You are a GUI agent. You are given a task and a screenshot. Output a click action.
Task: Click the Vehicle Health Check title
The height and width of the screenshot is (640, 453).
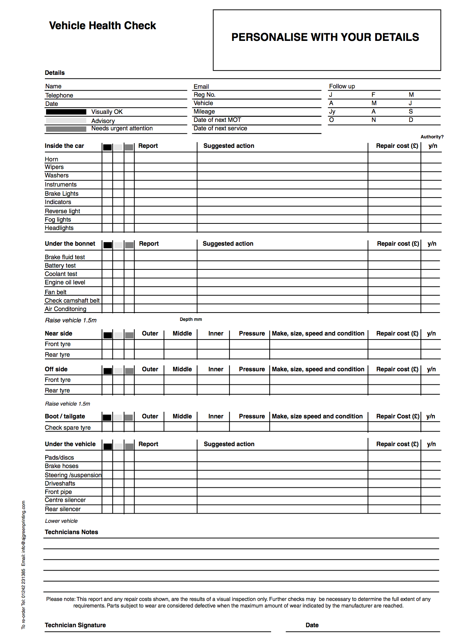[x=102, y=26]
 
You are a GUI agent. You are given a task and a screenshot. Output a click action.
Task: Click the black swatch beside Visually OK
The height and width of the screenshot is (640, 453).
[x=66, y=112]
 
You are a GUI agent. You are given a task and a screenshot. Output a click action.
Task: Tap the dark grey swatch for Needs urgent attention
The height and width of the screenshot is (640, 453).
[x=66, y=129]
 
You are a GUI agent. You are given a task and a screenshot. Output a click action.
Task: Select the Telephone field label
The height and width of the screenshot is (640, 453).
[x=59, y=95]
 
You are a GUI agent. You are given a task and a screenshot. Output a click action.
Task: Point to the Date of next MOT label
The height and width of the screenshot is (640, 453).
[x=217, y=120]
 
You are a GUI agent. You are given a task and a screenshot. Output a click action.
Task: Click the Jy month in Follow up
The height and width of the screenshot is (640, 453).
[x=332, y=111]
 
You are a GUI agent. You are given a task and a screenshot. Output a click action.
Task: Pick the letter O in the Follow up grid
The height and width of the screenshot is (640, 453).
[x=331, y=120]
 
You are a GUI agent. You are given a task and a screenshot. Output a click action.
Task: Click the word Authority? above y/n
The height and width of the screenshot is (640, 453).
[x=432, y=137]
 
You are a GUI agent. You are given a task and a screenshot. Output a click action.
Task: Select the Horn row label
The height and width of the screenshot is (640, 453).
[x=52, y=159]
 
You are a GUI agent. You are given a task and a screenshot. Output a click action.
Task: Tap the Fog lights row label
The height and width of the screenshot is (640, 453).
[x=58, y=219]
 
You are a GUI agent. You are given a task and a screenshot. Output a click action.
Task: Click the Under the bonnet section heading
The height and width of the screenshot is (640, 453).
[x=70, y=244]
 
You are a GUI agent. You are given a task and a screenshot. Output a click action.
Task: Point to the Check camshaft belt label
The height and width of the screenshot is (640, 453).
[x=72, y=300]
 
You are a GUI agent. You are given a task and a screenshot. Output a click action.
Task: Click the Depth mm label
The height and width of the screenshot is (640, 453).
[x=191, y=319]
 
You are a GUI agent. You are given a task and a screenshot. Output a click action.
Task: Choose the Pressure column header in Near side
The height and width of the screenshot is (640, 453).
[x=252, y=333]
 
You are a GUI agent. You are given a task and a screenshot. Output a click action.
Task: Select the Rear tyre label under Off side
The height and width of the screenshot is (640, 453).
[x=57, y=390]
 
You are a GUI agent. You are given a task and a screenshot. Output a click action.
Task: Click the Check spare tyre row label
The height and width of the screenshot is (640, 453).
[x=68, y=428]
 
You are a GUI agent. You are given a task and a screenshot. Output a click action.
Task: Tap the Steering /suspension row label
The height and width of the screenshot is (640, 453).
[x=73, y=475]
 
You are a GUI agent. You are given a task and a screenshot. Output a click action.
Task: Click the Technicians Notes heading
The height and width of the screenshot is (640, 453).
[x=71, y=532]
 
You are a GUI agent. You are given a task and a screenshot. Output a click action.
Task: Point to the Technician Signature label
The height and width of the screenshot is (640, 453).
[x=75, y=625]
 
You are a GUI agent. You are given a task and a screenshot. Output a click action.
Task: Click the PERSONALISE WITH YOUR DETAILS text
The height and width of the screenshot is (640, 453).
[x=325, y=37]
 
